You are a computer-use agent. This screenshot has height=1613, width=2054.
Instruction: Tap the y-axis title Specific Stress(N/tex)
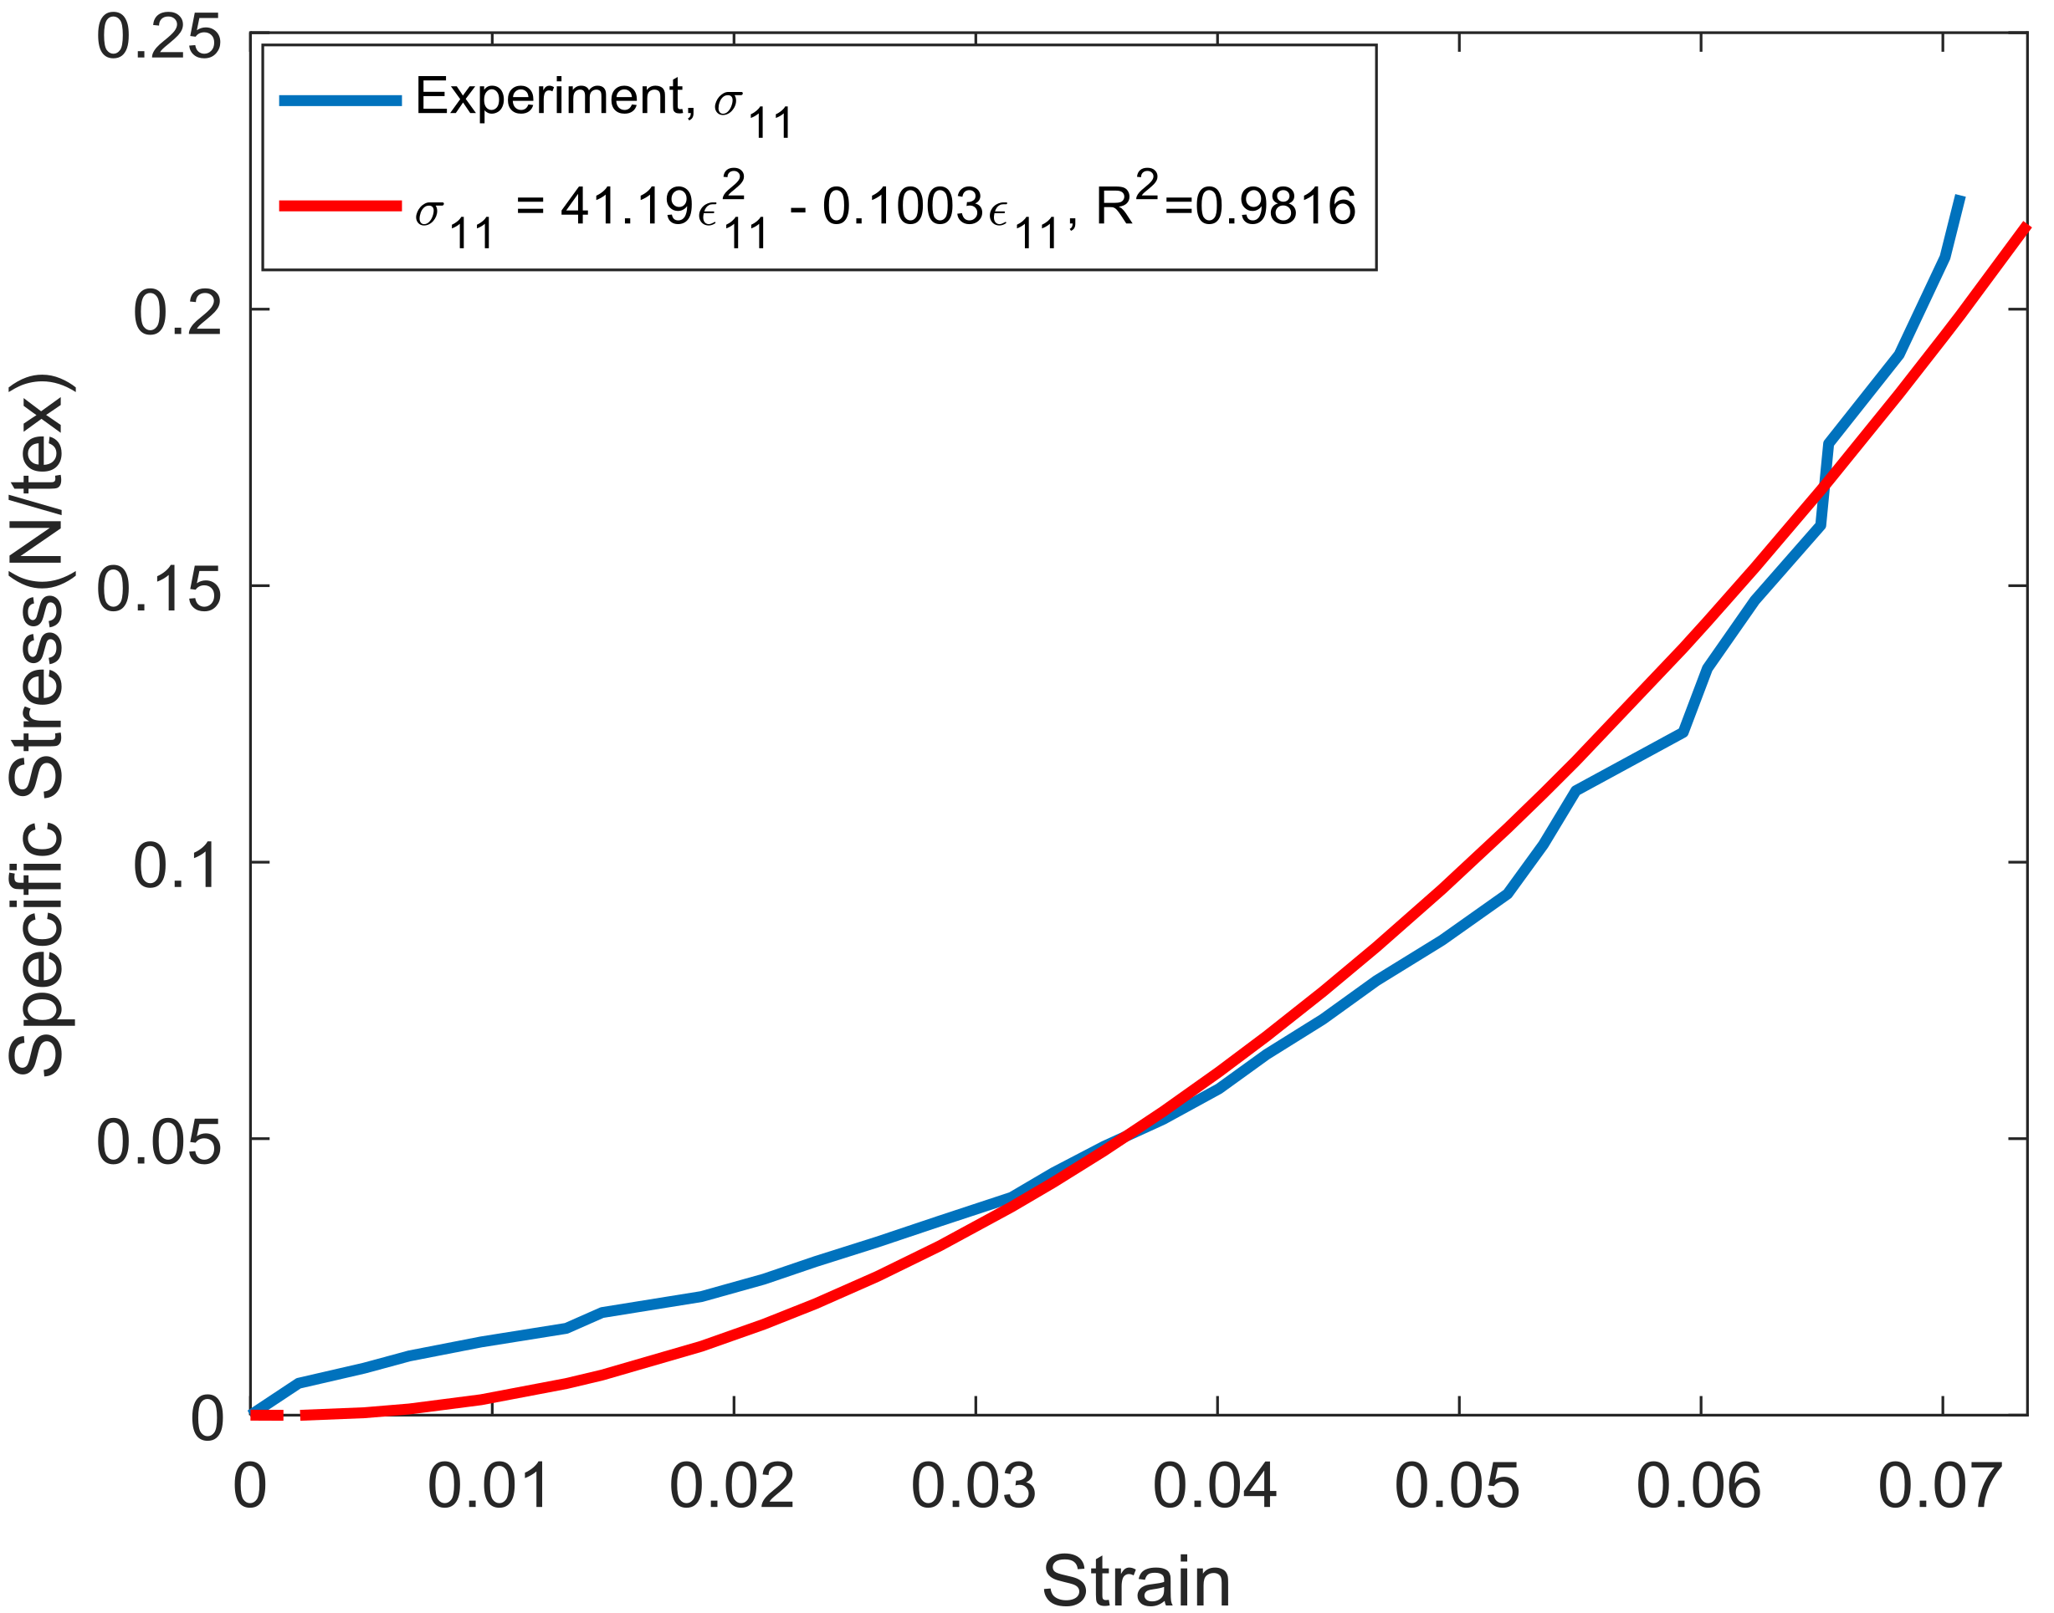(38, 725)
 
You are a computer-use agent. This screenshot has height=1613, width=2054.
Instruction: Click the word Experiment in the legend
(548, 96)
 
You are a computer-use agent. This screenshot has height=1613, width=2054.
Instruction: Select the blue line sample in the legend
(341, 100)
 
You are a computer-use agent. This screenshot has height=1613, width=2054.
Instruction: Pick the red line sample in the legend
(341, 206)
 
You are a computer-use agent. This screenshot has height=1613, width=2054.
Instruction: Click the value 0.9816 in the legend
(1274, 206)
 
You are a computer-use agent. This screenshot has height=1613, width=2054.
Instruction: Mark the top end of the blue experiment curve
(1959, 197)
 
